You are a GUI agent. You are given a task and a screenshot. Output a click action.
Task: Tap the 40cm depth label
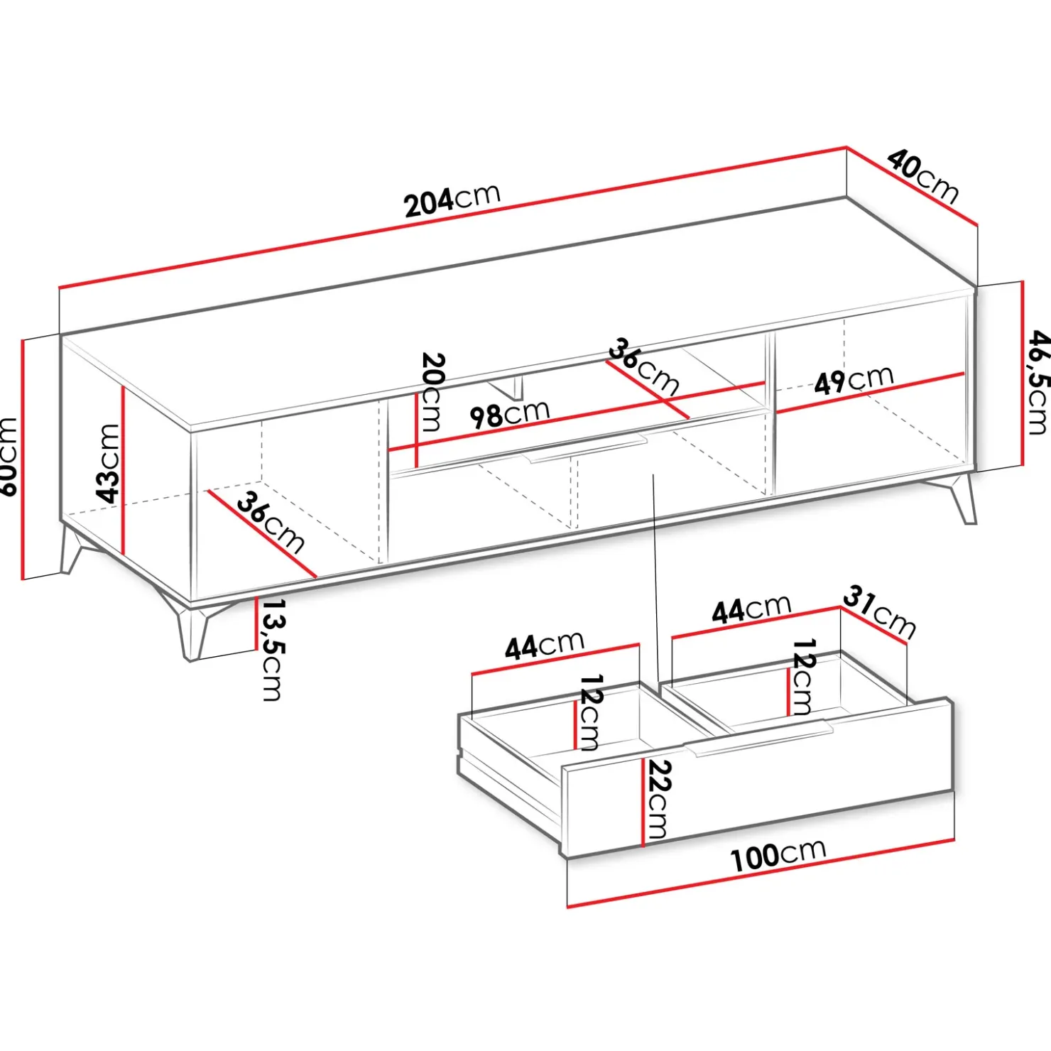click(x=923, y=177)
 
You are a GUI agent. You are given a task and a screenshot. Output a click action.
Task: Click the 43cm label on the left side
click(x=108, y=463)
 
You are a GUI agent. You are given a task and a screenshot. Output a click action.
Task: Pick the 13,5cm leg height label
click(x=273, y=650)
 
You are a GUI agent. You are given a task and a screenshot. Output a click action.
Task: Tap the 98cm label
click(x=510, y=413)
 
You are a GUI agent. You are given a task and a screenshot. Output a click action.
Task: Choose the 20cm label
click(x=432, y=392)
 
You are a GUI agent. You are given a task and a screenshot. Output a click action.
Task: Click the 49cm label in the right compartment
click(x=854, y=380)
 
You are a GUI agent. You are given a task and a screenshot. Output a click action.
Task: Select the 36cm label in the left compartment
click(x=271, y=523)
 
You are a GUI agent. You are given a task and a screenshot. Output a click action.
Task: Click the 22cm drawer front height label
click(x=658, y=800)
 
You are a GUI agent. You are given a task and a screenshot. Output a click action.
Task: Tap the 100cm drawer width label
click(x=778, y=854)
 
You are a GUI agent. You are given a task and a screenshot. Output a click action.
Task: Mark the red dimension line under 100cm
click(x=761, y=873)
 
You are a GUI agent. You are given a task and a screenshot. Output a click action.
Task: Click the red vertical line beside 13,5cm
click(x=256, y=623)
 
